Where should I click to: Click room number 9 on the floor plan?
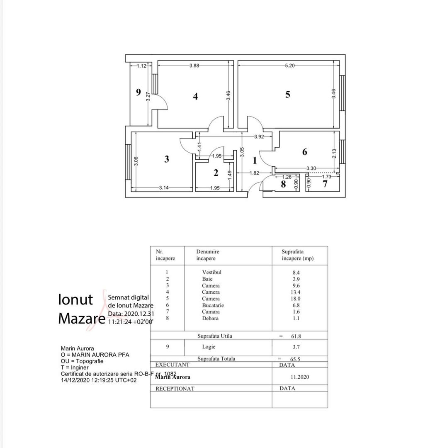pos(138,92)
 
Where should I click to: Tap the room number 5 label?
pos(288,95)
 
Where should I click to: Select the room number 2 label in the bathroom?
pos(216,173)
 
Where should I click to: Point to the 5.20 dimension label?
pos(290,66)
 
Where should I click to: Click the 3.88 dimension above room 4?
pos(194,66)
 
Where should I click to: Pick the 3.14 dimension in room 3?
pos(164,188)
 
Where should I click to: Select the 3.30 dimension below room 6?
pos(311,168)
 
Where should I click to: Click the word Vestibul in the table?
pos(211,272)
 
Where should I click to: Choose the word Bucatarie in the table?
pos(213,305)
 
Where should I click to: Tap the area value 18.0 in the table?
pos(296,299)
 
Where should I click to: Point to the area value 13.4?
pos(296,292)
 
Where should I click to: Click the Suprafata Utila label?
pos(214,336)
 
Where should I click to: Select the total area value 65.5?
pos(295,359)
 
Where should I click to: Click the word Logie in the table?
pos(209,346)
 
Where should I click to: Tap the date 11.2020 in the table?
pos(300,377)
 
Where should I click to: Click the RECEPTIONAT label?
pos(175,389)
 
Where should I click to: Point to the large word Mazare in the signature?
pos(81,318)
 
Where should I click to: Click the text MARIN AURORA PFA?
pos(100,355)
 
